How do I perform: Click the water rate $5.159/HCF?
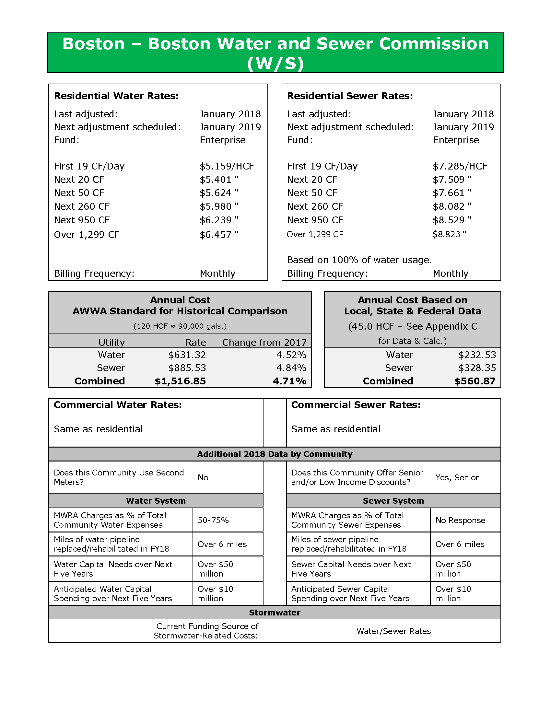(227, 166)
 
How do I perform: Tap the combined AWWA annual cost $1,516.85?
(180, 381)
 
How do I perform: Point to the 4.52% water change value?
(291, 355)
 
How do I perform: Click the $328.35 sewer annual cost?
(477, 368)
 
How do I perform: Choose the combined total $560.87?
(475, 381)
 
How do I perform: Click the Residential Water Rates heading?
(116, 96)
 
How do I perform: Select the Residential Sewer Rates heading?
(350, 96)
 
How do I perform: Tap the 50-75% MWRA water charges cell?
(213, 520)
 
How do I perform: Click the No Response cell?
(460, 520)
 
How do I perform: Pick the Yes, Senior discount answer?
(457, 477)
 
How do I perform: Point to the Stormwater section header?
(275, 613)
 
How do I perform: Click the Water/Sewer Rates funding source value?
(394, 631)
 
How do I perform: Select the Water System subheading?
(156, 501)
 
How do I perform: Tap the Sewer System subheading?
(393, 501)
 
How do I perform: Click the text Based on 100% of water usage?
(359, 260)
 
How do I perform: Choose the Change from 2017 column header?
(264, 343)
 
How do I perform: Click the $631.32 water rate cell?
(187, 355)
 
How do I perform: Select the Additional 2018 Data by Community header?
(275, 454)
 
